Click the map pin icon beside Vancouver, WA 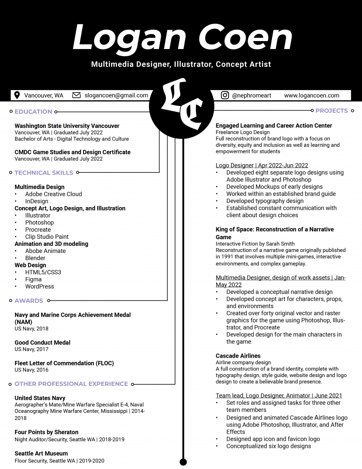17,95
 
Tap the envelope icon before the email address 76,95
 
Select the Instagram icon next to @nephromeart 225,95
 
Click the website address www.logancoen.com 312,95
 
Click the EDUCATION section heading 33,112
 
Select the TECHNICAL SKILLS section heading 44,173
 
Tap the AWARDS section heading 29,301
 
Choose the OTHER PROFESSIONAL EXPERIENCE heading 71,384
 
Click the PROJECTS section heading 331,111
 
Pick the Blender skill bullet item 35,258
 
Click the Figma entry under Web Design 33,279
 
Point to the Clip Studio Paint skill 47,237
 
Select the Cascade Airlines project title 238,356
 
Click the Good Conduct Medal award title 42,343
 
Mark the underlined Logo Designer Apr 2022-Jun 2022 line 262,166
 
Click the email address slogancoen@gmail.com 116,95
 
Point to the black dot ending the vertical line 183,462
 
